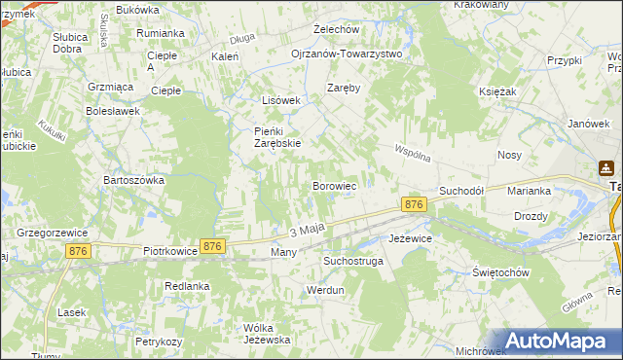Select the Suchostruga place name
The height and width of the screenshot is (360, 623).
click(x=353, y=262)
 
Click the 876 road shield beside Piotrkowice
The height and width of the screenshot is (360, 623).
click(x=213, y=247)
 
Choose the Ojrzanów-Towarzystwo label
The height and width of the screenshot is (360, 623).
click(x=347, y=54)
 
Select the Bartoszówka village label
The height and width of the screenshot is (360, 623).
click(x=131, y=180)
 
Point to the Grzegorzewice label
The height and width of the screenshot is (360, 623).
click(x=53, y=234)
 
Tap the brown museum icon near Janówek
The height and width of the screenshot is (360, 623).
click(x=606, y=167)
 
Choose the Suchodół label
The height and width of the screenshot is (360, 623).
click(x=461, y=192)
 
